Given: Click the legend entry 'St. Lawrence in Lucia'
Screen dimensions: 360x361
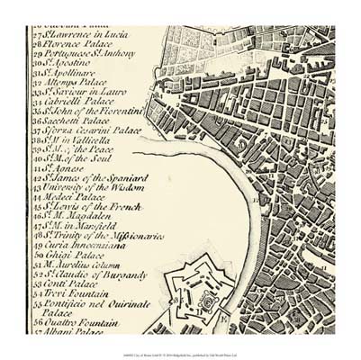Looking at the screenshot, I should (85, 30).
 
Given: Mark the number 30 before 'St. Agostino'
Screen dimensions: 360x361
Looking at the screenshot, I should (38, 63).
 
